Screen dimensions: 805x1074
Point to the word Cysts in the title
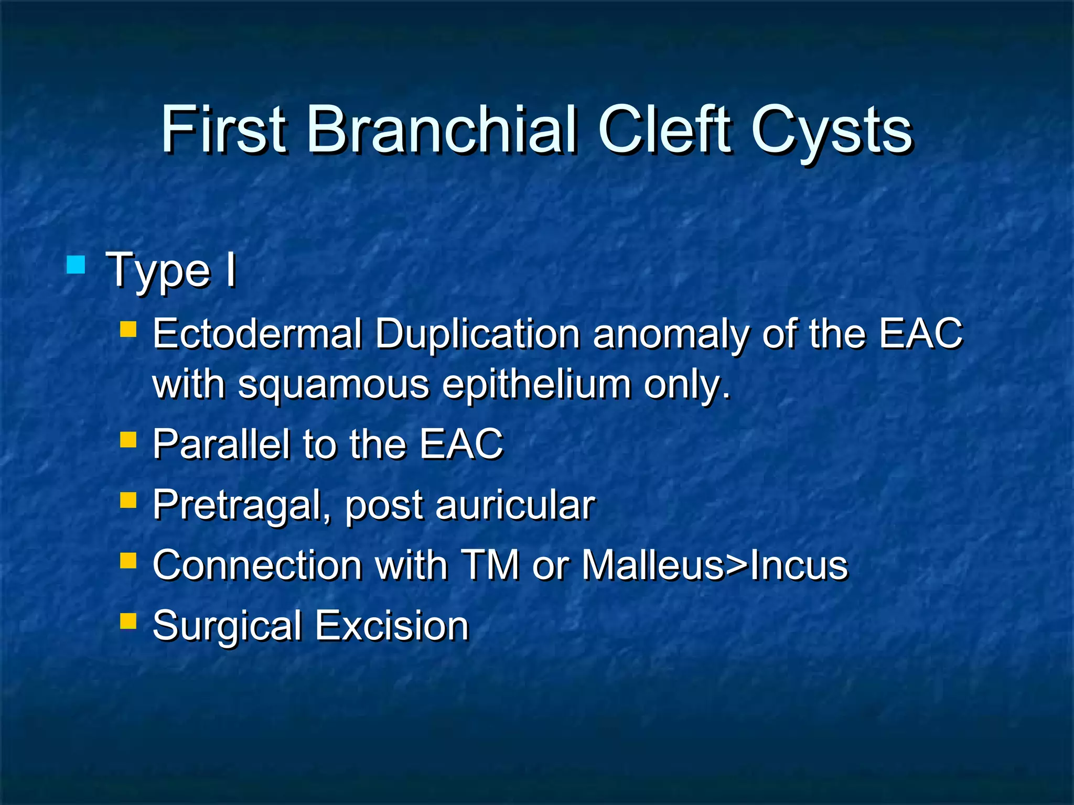coord(832,131)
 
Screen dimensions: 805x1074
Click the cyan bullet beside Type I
coord(76,265)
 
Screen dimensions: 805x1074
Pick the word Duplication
coord(477,333)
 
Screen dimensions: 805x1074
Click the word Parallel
coord(221,444)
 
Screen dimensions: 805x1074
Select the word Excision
coord(392,626)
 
